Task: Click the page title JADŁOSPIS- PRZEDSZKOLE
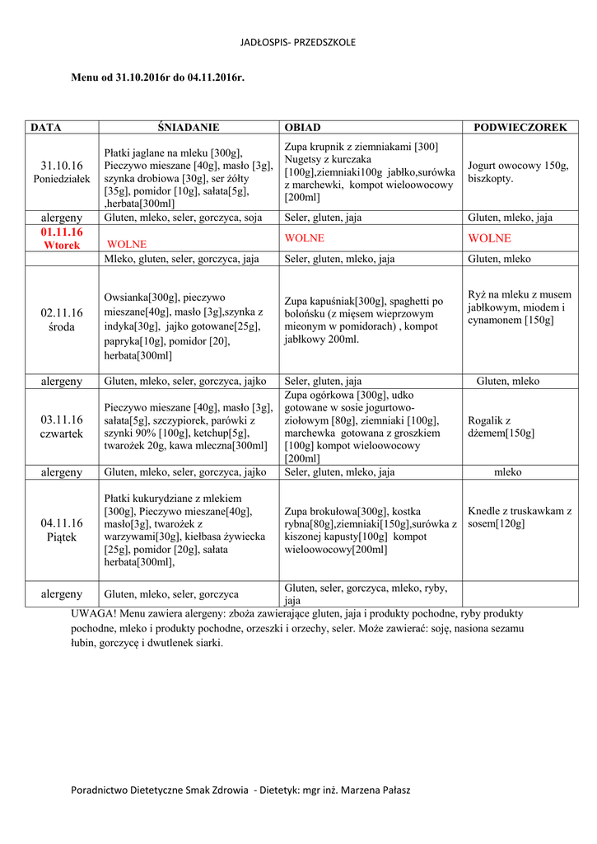[x=298, y=42]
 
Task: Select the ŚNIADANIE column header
[x=189, y=128]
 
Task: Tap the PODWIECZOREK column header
[x=520, y=128]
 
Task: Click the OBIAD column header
[x=302, y=128]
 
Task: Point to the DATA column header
[x=46, y=128]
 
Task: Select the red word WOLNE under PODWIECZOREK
[x=489, y=238]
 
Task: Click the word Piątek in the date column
[x=62, y=537]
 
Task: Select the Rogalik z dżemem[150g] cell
[x=501, y=426]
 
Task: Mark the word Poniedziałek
[x=62, y=179]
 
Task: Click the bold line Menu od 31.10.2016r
[x=158, y=77]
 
